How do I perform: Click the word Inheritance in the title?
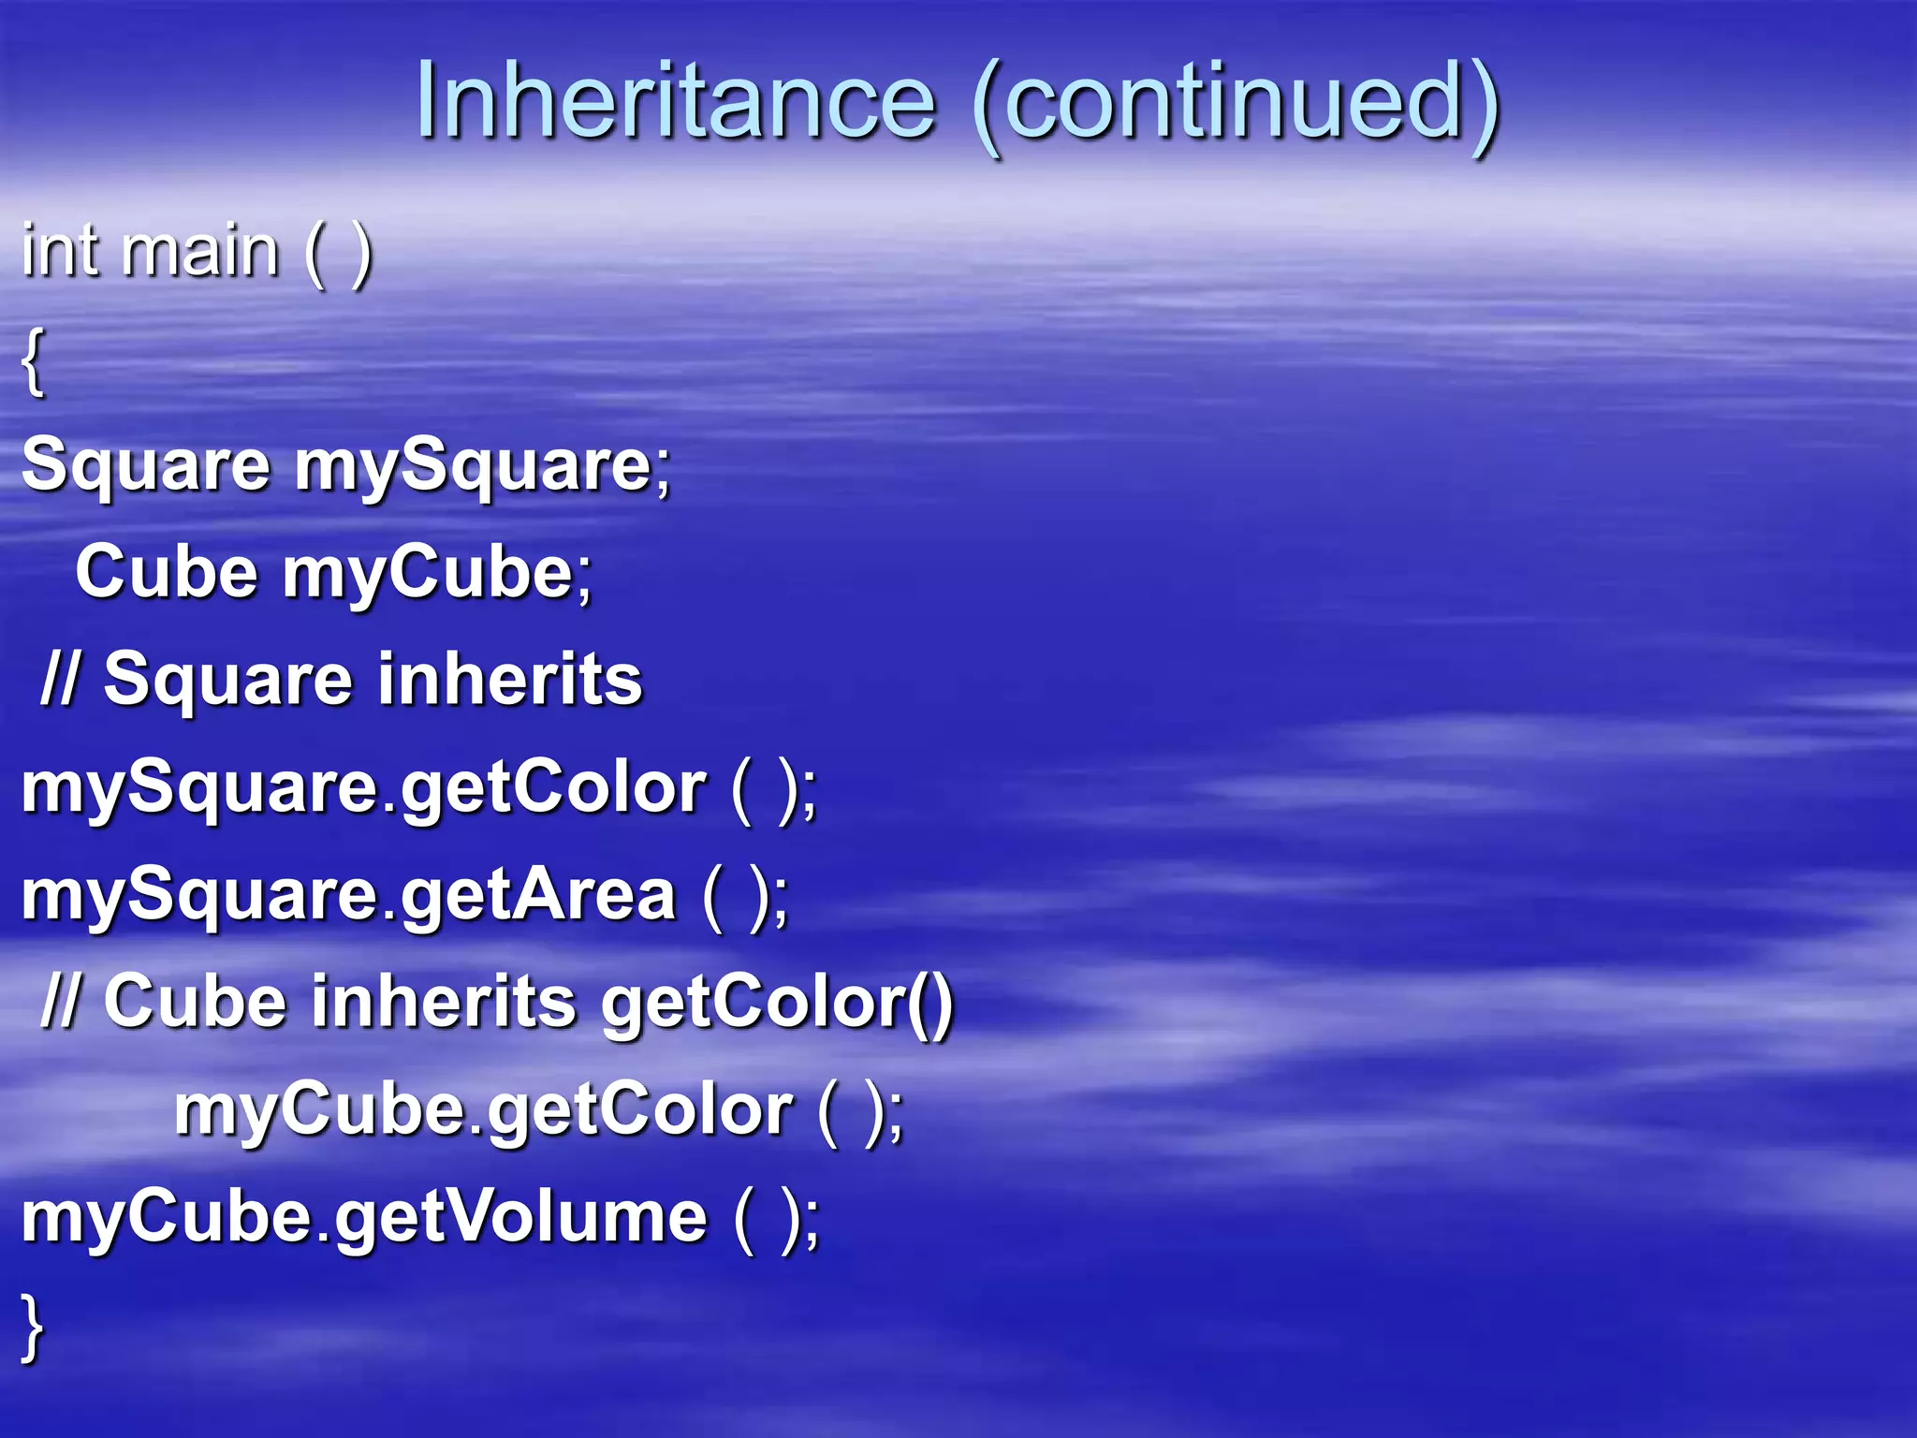click(x=675, y=100)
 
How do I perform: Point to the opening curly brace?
click(x=33, y=362)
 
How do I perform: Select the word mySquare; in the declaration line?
click(x=483, y=465)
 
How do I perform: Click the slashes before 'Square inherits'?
click(x=58, y=680)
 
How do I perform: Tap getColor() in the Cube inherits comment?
click(x=777, y=1003)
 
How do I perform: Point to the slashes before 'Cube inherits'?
click(x=58, y=1003)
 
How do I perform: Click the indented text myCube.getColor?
click(x=483, y=1111)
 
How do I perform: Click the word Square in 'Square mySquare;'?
click(x=146, y=465)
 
